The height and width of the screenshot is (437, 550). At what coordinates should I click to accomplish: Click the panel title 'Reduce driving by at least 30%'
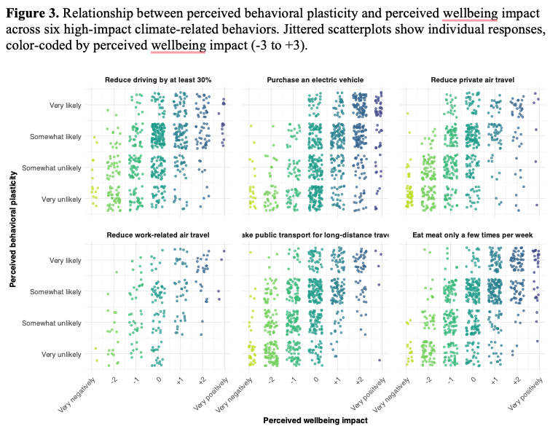coord(158,79)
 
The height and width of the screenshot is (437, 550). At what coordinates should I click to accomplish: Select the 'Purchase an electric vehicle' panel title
coord(315,79)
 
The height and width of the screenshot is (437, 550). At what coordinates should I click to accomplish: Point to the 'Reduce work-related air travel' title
coord(158,235)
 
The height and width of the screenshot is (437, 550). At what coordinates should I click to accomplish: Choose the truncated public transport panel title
coord(315,235)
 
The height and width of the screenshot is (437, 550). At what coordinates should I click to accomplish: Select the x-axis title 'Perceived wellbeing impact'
coord(315,420)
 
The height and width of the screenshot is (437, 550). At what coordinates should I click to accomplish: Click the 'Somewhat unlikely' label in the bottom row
coord(55,323)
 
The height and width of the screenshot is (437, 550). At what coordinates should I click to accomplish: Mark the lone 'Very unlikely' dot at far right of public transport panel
coord(380,360)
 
